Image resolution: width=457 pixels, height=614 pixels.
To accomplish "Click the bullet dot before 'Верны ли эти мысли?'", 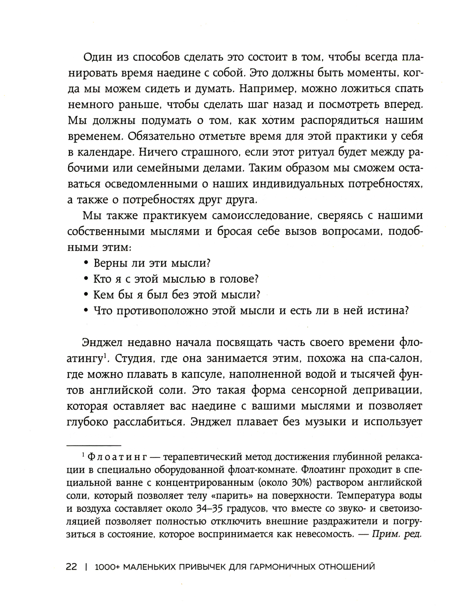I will click(x=86, y=263).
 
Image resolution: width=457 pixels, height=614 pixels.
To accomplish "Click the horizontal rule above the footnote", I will click(x=94, y=445).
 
